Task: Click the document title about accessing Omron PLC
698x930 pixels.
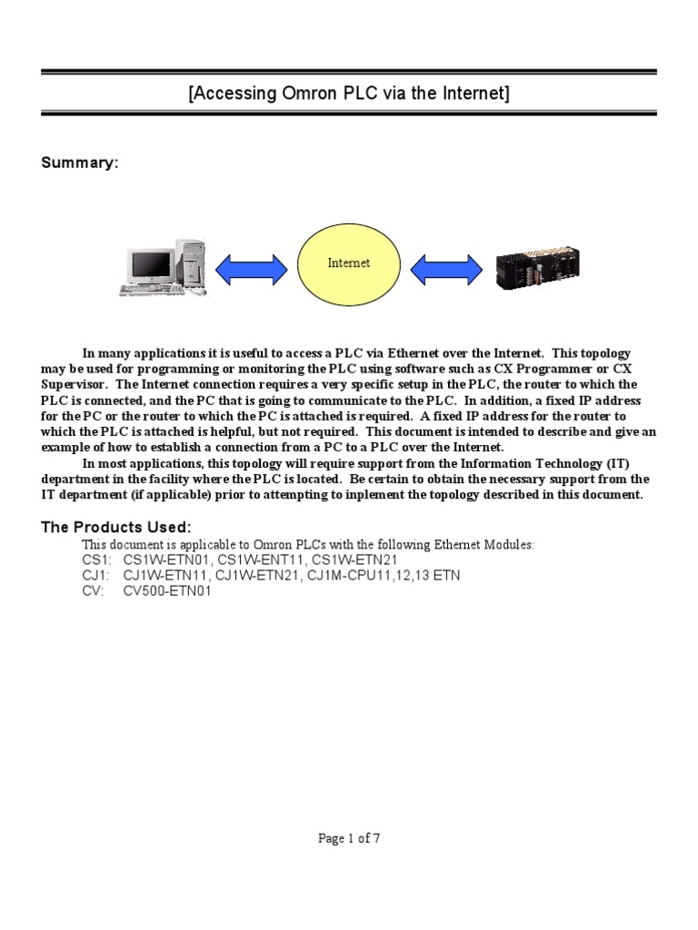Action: pyautogui.click(x=349, y=94)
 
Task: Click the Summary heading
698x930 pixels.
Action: pyautogui.click(x=80, y=163)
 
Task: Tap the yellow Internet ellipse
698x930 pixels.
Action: pyautogui.click(x=349, y=262)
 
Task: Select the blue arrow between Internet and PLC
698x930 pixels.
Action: pyautogui.click(x=446, y=268)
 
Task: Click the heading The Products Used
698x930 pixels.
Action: pyautogui.click(x=116, y=528)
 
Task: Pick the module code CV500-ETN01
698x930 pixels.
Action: pyautogui.click(x=167, y=591)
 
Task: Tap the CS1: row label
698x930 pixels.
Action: pyautogui.click(x=97, y=560)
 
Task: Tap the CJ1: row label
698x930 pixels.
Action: pyautogui.click(x=96, y=576)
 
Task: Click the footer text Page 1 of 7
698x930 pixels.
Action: pyautogui.click(x=349, y=838)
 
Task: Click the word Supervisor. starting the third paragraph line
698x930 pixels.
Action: pyautogui.click(x=74, y=385)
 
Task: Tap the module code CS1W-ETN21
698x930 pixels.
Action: pyautogui.click(x=354, y=560)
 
